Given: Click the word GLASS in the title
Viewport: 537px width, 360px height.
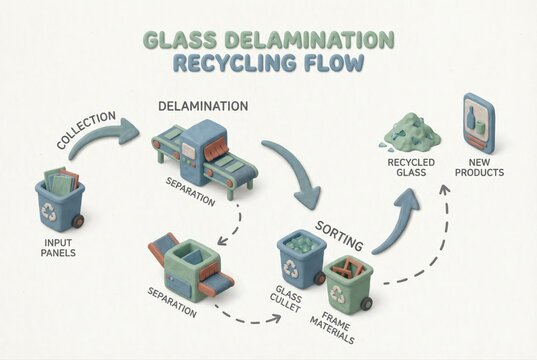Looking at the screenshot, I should [x=182, y=40].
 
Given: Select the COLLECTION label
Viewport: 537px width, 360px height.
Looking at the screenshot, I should [x=78, y=131].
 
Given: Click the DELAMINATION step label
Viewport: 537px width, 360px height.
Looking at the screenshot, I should [x=203, y=106].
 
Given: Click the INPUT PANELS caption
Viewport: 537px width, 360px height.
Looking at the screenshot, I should [x=57, y=247].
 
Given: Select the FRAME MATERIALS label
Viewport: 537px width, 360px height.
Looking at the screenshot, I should [x=339, y=322].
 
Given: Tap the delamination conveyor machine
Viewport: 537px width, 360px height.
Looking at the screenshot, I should [x=204, y=155].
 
